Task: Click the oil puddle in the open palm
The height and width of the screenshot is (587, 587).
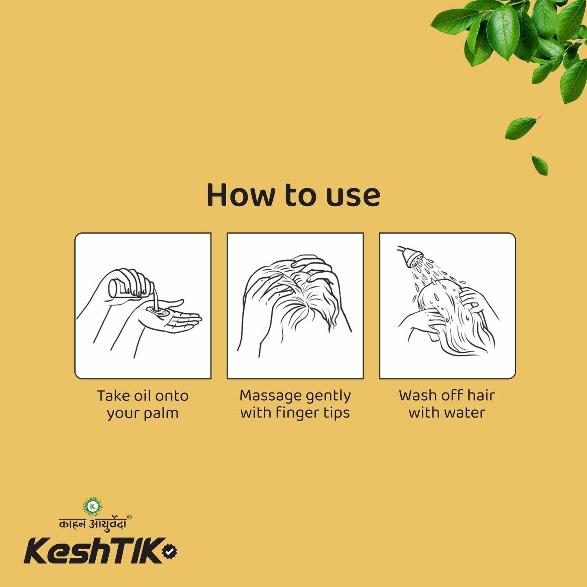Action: point(158,311)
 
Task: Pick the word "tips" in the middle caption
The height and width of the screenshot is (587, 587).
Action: point(336,413)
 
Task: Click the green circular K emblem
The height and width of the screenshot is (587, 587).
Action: point(93,506)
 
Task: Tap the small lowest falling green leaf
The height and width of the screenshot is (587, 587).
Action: point(540,165)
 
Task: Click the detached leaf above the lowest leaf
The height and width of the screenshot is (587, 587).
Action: point(521,127)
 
